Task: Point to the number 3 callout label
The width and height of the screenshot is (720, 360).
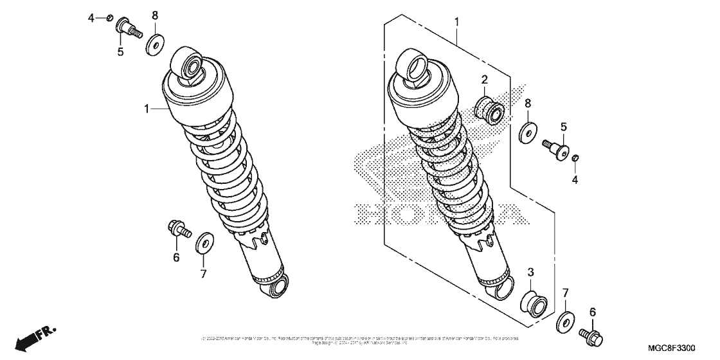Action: click(x=531, y=273)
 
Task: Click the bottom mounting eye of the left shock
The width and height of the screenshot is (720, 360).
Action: click(x=278, y=287)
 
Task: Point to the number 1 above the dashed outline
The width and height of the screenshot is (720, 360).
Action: click(x=457, y=22)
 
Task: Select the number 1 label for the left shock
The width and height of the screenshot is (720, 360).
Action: click(x=146, y=110)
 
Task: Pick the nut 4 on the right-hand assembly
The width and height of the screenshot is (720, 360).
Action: click(x=575, y=158)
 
